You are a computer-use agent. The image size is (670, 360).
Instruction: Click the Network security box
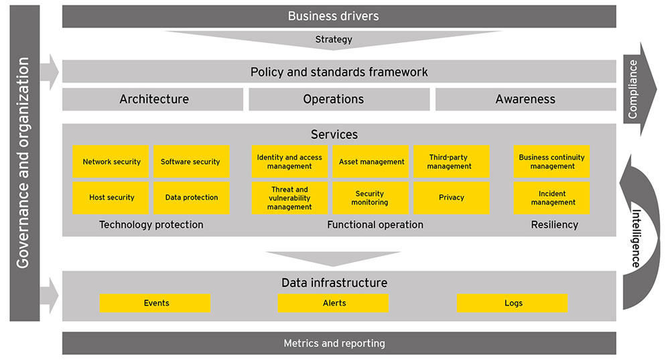(x=111, y=162)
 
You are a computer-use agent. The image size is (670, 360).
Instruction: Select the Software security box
(x=191, y=162)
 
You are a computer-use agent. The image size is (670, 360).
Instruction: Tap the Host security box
(x=111, y=198)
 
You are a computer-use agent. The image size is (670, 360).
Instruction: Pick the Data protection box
(x=191, y=198)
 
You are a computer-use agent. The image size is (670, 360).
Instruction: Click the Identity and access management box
(x=289, y=162)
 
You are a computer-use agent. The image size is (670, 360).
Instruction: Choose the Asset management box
(x=371, y=162)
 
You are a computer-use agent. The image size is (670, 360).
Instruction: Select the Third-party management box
(x=451, y=162)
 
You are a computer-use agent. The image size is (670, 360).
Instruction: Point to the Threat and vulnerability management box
(x=289, y=198)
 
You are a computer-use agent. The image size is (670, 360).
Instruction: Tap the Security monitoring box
(x=370, y=198)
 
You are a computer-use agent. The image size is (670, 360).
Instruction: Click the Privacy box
(x=451, y=198)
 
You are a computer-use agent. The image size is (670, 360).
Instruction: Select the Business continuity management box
(x=552, y=162)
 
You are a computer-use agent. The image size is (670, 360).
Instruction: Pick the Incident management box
(x=552, y=198)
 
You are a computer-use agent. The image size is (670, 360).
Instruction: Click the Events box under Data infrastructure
(x=155, y=303)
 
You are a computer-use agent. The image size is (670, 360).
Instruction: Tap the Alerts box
(x=334, y=303)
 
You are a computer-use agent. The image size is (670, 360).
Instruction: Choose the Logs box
(x=513, y=303)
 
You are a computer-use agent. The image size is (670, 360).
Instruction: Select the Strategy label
(x=334, y=40)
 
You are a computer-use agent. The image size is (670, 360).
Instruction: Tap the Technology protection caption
(x=151, y=225)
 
